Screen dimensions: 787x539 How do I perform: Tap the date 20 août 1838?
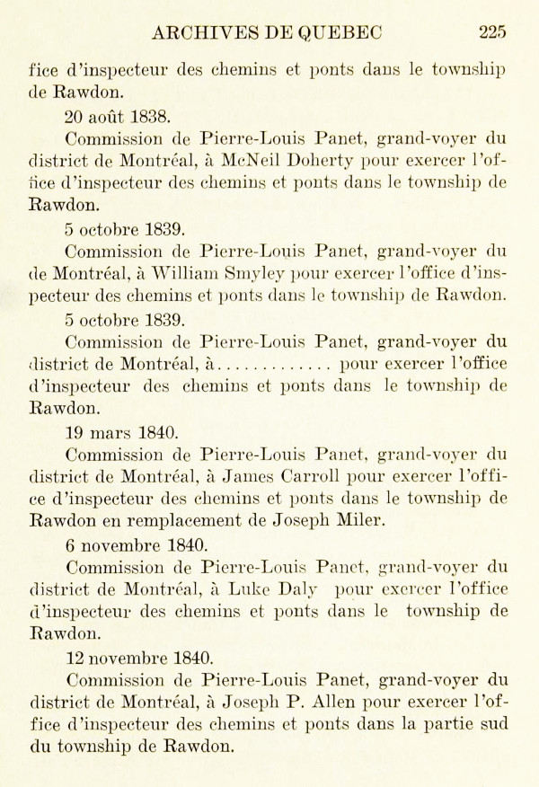coord(118,116)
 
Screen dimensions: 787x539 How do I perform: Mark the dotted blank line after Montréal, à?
coord(275,365)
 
